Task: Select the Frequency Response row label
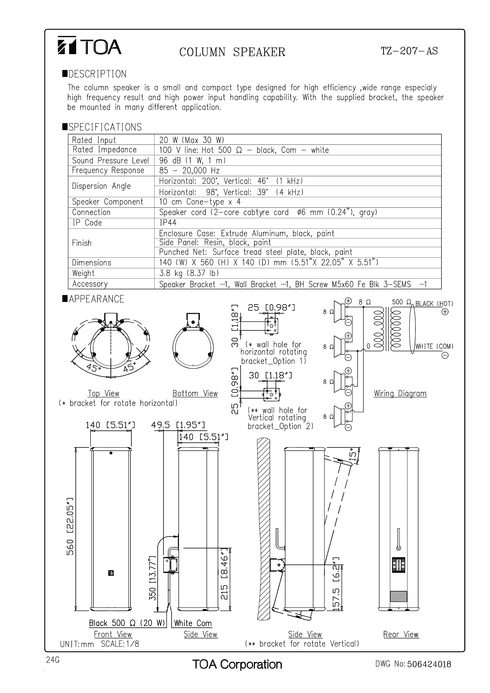tap(108, 170)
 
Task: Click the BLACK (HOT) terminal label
tap(434, 304)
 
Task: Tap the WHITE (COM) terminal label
tap(434, 346)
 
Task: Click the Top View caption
tap(103, 394)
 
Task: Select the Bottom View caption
tap(195, 394)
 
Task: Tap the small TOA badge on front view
tap(111, 573)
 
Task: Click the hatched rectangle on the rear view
tap(399, 596)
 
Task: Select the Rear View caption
tap(401, 635)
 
